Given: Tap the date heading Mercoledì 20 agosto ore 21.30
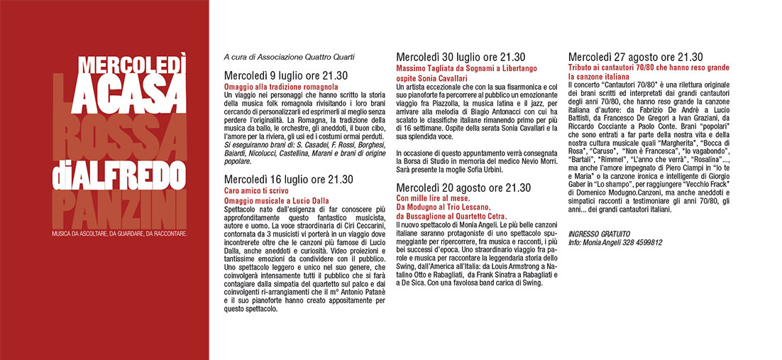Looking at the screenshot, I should (x=463, y=187).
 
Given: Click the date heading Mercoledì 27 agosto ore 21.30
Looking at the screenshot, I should (x=636, y=57).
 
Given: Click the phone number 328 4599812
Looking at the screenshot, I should (x=641, y=242).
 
